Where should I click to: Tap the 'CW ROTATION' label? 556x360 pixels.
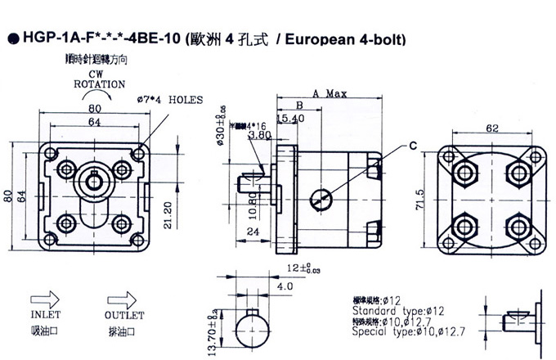(x=100, y=79)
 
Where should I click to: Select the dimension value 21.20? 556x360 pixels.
(x=168, y=215)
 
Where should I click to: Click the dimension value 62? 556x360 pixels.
(x=491, y=128)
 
